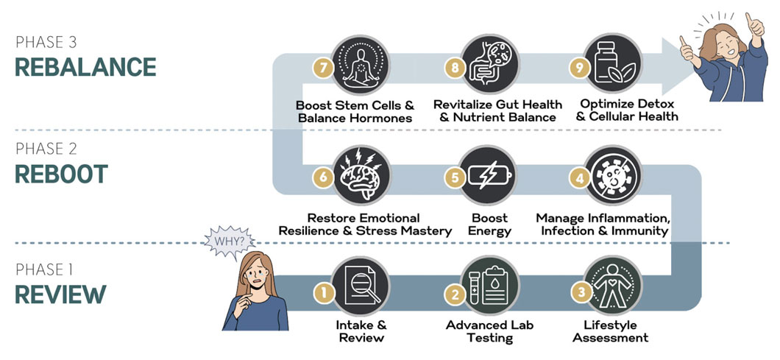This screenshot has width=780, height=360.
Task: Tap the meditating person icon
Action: (361, 64)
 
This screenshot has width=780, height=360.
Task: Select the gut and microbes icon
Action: (490, 64)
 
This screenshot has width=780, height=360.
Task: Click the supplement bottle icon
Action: (613, 64)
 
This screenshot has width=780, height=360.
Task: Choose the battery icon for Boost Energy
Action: (490, 175)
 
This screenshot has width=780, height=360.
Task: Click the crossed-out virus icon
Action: (613, 175)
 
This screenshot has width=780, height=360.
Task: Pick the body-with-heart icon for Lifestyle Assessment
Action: (613, 286)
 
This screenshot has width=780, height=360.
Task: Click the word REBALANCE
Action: (85, 67)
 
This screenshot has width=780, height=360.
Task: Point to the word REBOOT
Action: (62, 174)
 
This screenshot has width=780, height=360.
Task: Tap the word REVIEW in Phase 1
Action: (60, 294)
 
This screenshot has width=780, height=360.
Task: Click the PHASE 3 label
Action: (46, 42)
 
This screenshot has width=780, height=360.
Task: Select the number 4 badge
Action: (579, 179)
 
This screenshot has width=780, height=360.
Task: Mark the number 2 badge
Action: (455, 294)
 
